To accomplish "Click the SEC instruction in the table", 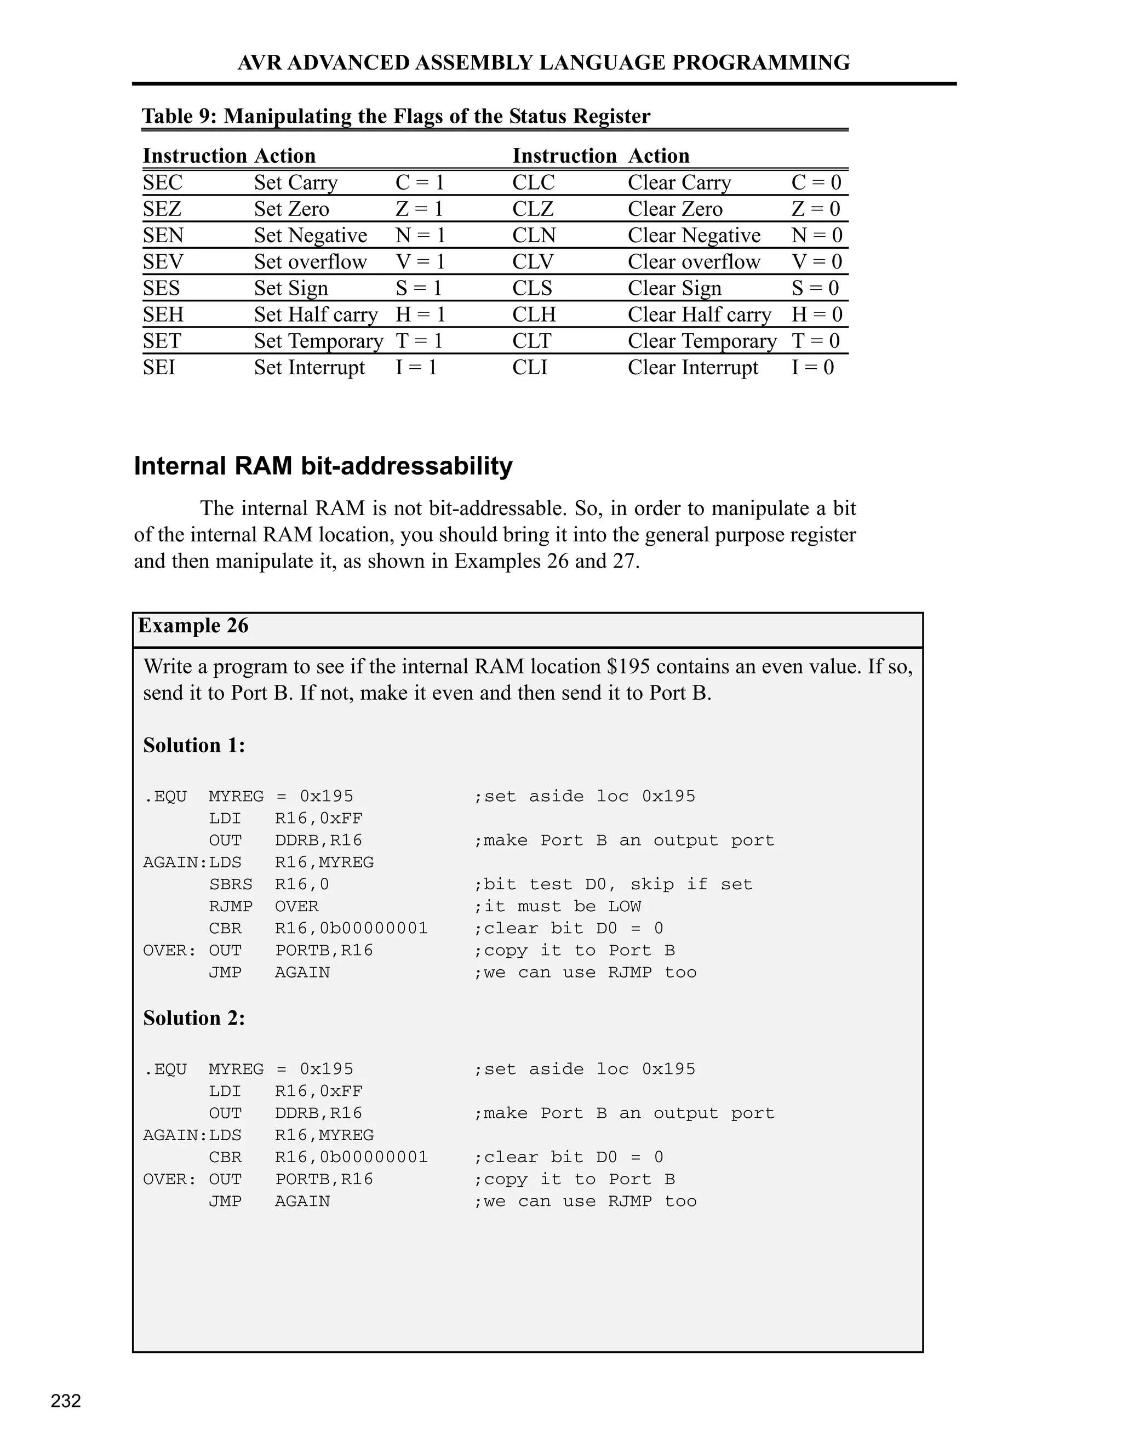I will [162, 182].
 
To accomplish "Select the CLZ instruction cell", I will [533, 209].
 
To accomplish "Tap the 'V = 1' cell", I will [420, 261].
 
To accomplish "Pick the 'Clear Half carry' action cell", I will [699, 315].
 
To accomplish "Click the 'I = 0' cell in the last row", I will [812, 367].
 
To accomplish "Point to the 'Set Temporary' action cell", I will [318, 341].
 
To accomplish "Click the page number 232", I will [66, 1401].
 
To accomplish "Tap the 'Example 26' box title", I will [193, 626].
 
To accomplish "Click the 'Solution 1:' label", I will [194, 745].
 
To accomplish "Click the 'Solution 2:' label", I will [194, 1018].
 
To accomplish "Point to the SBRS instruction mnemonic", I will [231, 884].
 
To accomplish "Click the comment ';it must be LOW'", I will [557, 906].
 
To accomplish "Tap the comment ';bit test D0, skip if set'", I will [612, 884].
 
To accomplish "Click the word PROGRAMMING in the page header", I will [761, 62].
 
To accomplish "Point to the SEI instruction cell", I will [159, 367].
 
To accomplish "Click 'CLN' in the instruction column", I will [534, 236].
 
